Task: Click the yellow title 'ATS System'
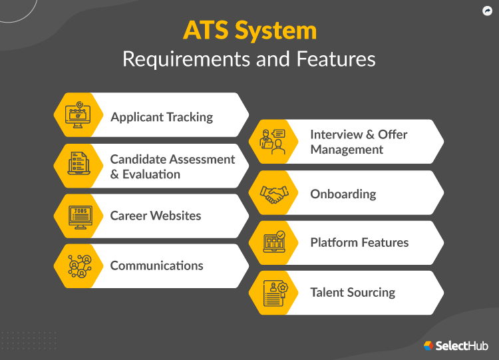coord(249,31)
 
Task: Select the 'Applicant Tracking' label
coord(162,117)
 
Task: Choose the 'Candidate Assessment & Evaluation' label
coord(172,166)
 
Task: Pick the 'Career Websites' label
coord(156,216)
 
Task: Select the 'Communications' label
coord(157,266)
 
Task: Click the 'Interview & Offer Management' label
coord(359,142)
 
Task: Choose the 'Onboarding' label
coord(343,194)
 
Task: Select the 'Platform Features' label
coord(359,242)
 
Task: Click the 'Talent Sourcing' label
coord(353,292)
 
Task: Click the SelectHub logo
coord(456,345)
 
